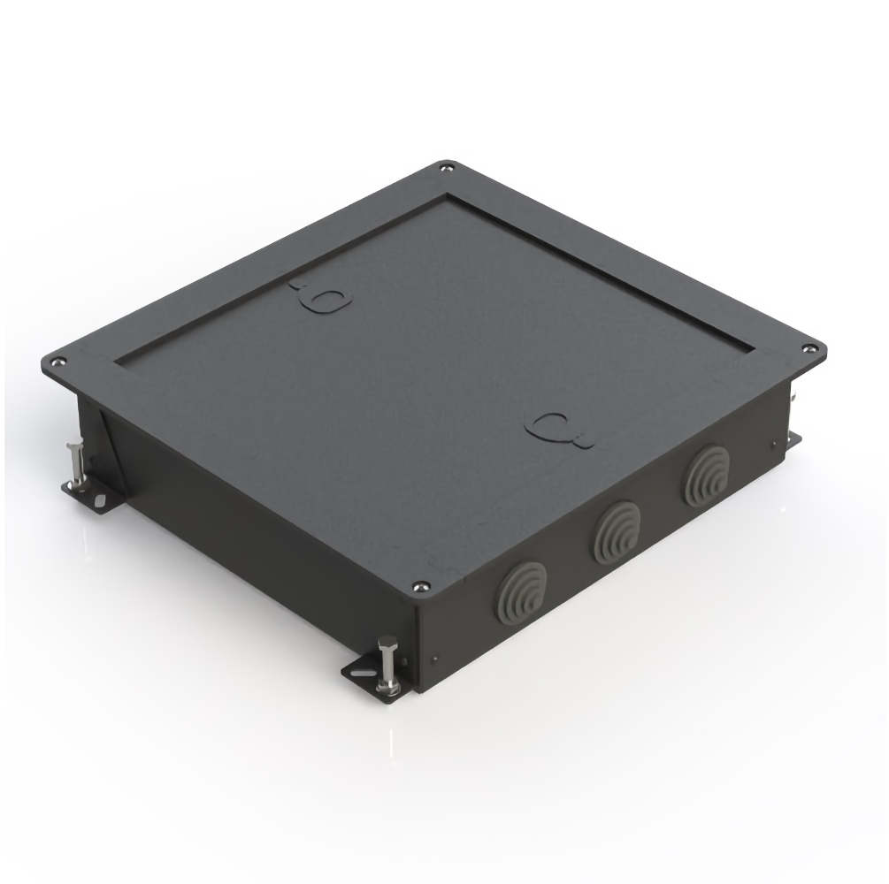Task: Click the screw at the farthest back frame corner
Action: [446, 165]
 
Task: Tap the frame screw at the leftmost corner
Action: [58, 361]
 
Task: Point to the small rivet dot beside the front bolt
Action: [435, 658]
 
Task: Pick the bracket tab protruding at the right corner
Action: [794, 438]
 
